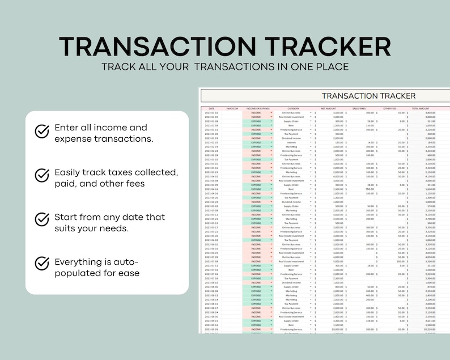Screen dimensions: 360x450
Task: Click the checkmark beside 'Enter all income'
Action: point(42,132)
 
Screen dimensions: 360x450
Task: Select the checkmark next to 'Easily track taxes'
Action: point(42,175)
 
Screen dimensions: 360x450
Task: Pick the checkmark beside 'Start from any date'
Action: point(42,219)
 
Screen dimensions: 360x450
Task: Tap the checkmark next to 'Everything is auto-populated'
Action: point(42,263)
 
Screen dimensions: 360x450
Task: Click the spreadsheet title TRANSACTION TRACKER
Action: point(368,96)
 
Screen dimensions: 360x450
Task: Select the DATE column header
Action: point(211,108)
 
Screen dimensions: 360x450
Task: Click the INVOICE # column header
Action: point(232,108)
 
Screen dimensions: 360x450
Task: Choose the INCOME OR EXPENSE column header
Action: point(257,108)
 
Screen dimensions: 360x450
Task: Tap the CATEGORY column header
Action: point(293,108)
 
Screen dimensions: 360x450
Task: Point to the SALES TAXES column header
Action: point(360,108)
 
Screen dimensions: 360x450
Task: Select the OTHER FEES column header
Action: point(389,108)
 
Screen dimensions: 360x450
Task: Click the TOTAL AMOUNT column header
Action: point(421,108)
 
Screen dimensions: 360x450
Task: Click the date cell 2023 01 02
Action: point(211,113)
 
